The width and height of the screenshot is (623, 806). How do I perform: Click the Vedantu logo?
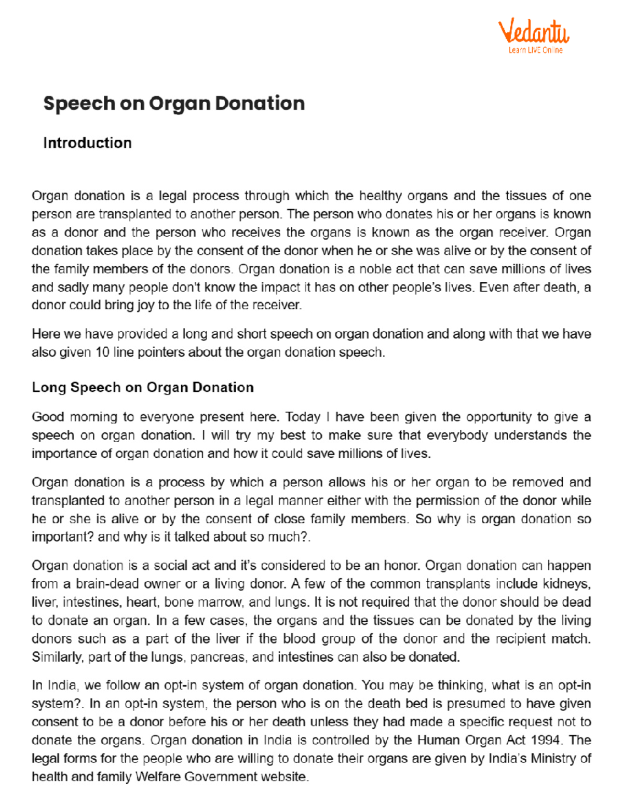click(534, 32)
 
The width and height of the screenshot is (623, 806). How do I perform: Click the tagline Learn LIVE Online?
click(535, 50)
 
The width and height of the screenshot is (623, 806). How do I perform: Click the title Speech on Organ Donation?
click(174, 103)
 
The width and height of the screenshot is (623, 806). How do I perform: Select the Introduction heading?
click(87, 143)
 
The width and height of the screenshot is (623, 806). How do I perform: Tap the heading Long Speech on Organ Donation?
click(143, 387)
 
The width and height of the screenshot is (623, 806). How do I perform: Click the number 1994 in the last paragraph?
click(545, 740)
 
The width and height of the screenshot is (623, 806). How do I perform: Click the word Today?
click(303, 417)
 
